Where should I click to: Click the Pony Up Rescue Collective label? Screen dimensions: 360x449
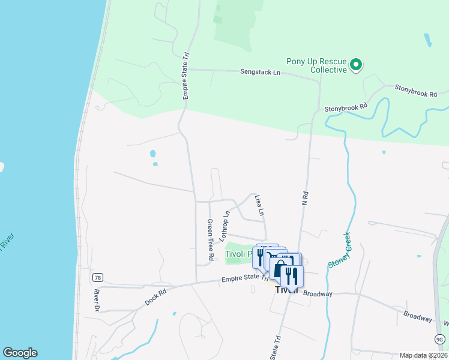coord(316,65)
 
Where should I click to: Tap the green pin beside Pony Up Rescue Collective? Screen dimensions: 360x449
coord(356,64)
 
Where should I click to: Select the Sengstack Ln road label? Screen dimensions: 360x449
coord(260,72)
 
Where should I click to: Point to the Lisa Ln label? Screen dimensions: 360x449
coord(259,205)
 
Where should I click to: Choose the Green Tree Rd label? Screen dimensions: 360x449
coord(210,239)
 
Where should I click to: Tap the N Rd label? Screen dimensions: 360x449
coord(305,198)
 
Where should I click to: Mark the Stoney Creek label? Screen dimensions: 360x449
coord(339,250)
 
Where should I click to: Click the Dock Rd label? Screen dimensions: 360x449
coord(156,296)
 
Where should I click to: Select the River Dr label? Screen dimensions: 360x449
coord(96,300)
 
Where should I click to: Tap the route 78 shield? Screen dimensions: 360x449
coord(97,277)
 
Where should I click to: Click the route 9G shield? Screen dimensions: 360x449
coord(440,340)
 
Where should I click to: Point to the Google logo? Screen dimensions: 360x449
coord(20,353)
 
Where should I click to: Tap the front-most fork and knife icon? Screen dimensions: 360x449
coord(292,276)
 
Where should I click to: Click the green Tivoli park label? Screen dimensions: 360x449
coord(240,254)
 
